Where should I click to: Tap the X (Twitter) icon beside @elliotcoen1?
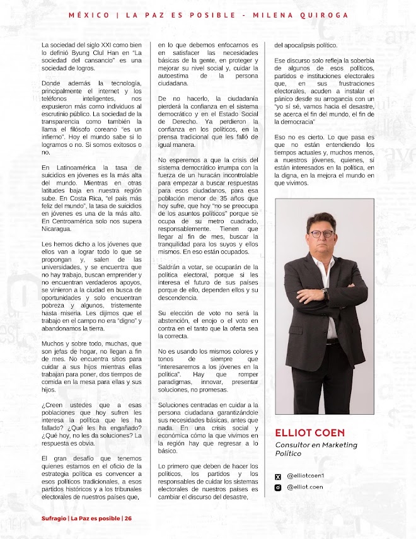point(278,476)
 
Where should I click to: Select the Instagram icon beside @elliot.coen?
point(278,487)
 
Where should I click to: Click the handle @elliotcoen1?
point(305,476)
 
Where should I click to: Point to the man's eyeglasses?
point(321,233)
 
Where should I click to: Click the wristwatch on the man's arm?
point(325,294)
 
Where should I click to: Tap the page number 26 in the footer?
point(128,518)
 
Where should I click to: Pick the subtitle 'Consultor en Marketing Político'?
point(316,449)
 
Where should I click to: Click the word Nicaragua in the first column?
point(57,230)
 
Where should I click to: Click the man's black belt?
point(332,341)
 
